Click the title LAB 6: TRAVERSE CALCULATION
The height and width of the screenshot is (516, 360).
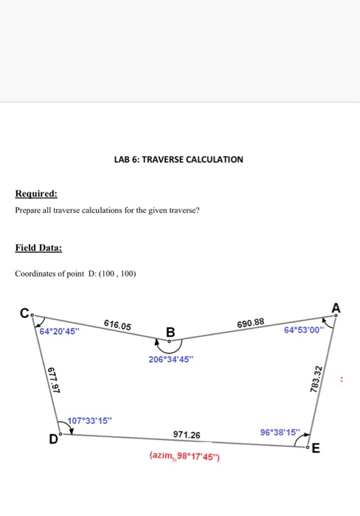coord(179,159)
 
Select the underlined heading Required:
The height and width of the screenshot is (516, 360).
coord(36,195)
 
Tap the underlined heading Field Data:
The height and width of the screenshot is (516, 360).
coord(38,248)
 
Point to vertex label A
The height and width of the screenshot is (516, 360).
coord(336,307)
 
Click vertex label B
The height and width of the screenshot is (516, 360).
coord(170,332)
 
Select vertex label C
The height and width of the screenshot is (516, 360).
coord(24,314)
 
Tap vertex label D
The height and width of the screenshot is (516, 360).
coord(53,440)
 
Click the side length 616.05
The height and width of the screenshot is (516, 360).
coord(117,325)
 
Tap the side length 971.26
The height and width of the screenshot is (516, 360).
coord(181,435)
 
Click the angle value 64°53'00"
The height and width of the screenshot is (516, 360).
coord(303,330)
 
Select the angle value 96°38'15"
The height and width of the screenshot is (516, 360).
coord(280,431)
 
